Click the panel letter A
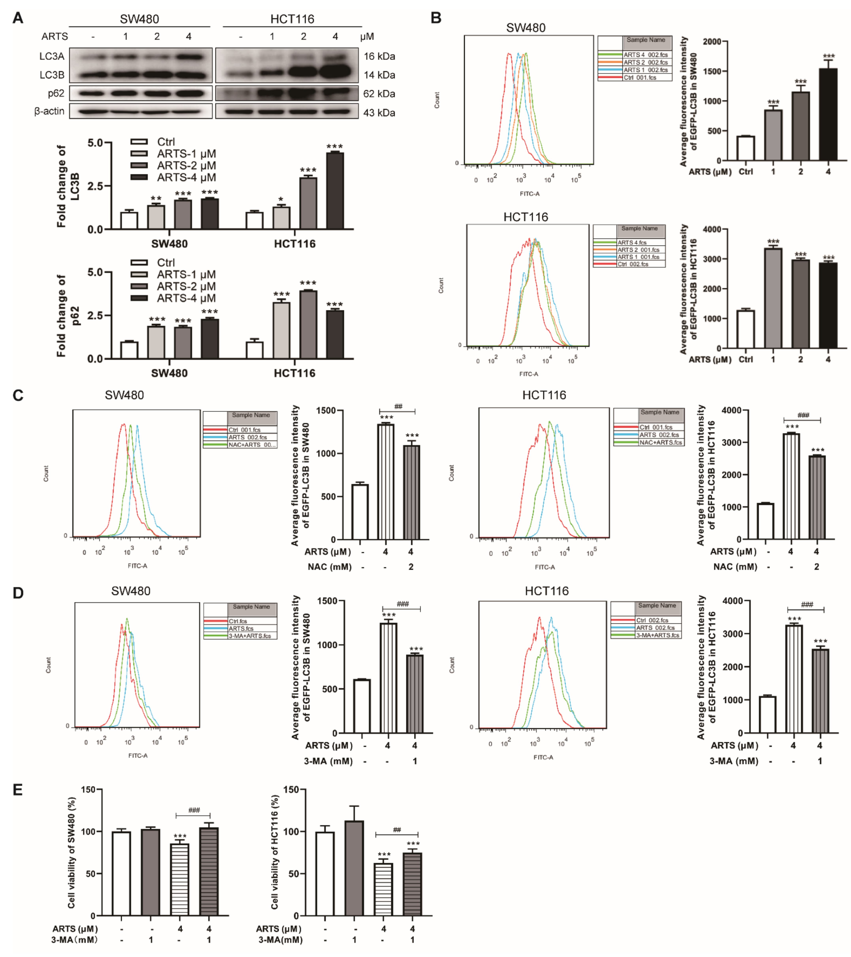coord(18,18)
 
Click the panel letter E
coord(18,790)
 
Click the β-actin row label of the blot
coord(49,112)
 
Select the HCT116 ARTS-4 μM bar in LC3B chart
coord(335,191)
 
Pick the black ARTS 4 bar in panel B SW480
coord(828,115)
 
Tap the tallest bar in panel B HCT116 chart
coord(773,298)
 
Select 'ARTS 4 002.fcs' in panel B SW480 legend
coord(645,55)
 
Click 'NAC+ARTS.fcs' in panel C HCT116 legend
coord(660,443)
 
